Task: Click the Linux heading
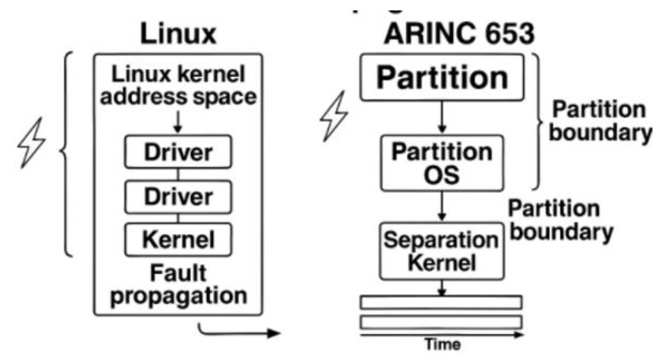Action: (x=178, y=34)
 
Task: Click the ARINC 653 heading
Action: (x=459, y=34)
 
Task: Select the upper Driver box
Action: (x=178, y=152)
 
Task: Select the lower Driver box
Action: (x=178, y=196)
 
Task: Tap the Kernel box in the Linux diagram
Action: (x=178, y=239)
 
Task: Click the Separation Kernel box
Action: (x=442, y=251)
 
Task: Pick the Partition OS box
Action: (x=442, y=163)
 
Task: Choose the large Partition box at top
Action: (x=442, y=78)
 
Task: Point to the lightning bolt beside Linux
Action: (x=31, y=143)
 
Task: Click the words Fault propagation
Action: (x=178, y=284)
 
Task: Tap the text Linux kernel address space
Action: (x=178, y=85)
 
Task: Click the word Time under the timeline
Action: (x=443, y=344)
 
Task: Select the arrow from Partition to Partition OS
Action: (x=442, y=117)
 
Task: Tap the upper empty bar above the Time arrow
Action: (x=441, y=302)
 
